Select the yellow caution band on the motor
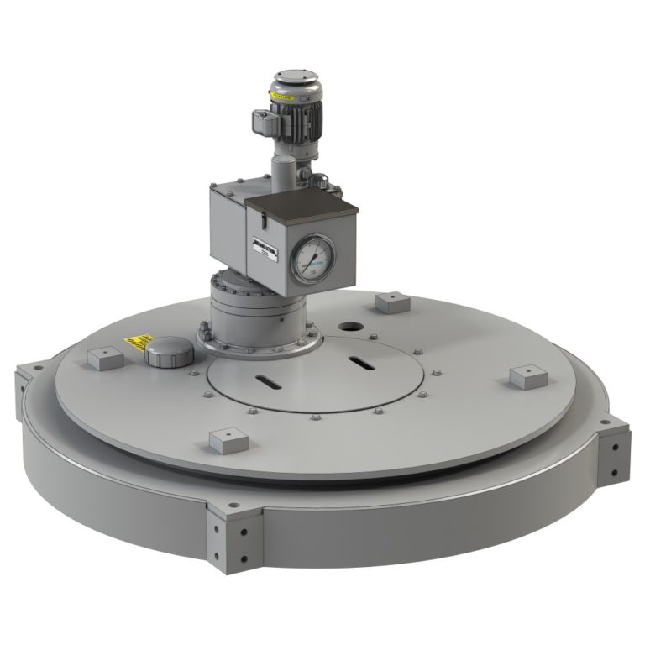(282, 97)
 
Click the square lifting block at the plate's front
(224, 439)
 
